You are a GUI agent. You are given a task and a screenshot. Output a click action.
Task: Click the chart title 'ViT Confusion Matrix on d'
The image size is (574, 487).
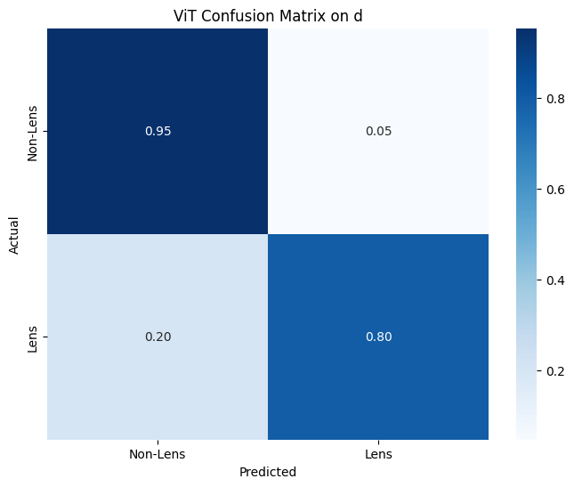pos(267,15)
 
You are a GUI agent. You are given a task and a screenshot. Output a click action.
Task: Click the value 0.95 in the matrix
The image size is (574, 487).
pos(158,131)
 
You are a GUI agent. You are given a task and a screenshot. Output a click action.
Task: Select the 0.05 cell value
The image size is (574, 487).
pos(378,131)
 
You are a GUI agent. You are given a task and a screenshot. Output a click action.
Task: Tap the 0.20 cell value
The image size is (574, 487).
pos(158,337)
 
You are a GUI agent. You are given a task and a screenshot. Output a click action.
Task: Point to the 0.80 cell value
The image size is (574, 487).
pos(378,337)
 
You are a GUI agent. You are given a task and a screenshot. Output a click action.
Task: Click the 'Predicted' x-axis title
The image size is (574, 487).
pos(267,472)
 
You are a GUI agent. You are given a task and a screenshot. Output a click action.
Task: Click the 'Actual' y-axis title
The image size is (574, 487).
pos(15,234)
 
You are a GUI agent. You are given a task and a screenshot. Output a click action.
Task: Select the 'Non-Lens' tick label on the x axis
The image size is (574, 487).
pos(158,454)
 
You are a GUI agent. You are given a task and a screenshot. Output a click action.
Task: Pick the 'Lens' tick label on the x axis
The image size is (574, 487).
pos(378,454)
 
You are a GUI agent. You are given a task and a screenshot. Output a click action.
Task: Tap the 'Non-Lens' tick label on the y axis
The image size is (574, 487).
pos(34,131)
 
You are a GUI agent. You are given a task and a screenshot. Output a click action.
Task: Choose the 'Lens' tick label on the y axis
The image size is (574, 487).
pos(34,337)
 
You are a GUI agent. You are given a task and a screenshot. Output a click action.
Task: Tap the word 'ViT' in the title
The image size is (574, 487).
pos(184,15)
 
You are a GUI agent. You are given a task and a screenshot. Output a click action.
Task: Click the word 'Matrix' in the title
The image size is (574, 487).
pos(309,15)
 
